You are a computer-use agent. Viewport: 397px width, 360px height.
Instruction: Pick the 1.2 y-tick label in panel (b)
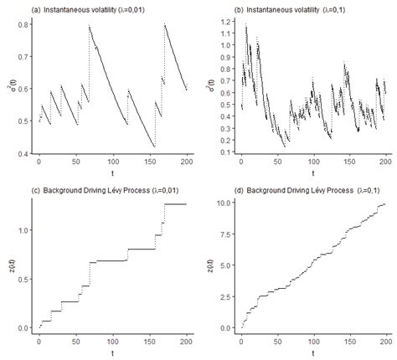(224, 23)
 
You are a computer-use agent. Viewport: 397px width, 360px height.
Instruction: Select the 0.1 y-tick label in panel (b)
(224, 152)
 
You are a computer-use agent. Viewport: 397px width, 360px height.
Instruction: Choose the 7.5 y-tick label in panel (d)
(224, 234)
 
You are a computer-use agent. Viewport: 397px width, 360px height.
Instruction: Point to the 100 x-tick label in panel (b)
(313, 162)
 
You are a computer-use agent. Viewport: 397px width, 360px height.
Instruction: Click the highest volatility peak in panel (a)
(89, 26)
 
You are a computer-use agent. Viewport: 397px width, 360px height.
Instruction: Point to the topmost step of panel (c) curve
(174, 204)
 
